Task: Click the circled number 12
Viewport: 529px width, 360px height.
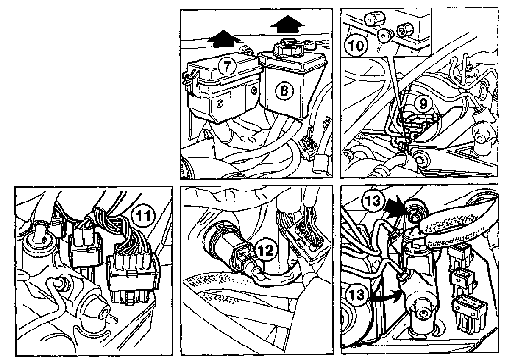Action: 265,250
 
